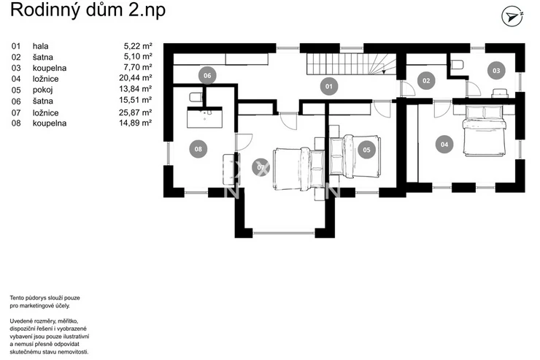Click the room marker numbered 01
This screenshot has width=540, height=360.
[x=329, y=86]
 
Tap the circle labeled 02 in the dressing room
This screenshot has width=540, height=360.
[x=426, y=80]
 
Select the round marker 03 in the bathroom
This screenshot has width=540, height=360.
[x=496, y=71]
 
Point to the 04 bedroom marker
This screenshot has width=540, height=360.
[x=444, y=145]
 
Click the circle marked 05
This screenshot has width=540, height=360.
[x=366, y=150]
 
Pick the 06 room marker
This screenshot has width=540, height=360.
[x=207, y=75]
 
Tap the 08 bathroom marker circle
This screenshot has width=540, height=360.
[x=198, y=149]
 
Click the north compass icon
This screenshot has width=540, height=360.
[x=512, y=16]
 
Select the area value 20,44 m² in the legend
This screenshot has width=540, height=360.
[x=136, y=78]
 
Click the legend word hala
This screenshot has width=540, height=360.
[x=41, y=46]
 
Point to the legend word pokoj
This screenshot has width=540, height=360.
[x=43, y=91]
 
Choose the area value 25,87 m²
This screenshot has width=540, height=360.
[x=136, y=112]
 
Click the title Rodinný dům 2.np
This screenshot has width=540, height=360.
[x=88, y=9]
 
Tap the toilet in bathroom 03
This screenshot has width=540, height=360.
[x=457, y=65]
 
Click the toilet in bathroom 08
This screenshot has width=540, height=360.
[x=196, y=97]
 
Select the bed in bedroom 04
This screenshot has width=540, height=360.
[x=485, y=130]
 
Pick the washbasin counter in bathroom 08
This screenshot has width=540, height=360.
[x=204, y=117]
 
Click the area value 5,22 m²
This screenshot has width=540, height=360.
[x=138, y=46]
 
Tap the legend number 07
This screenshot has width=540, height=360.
[x=16, y=112]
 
